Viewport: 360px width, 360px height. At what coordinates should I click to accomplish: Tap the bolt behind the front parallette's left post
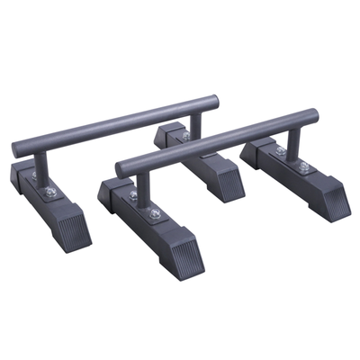click(133, 194)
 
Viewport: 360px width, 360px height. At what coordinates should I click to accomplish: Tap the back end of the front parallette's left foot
click(108, 191)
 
